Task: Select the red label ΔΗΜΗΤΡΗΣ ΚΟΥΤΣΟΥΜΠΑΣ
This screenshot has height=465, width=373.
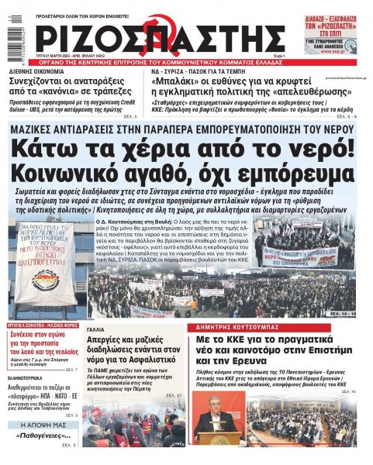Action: [225, 328]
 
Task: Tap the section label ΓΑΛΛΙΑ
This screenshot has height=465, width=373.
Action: [98, 329]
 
